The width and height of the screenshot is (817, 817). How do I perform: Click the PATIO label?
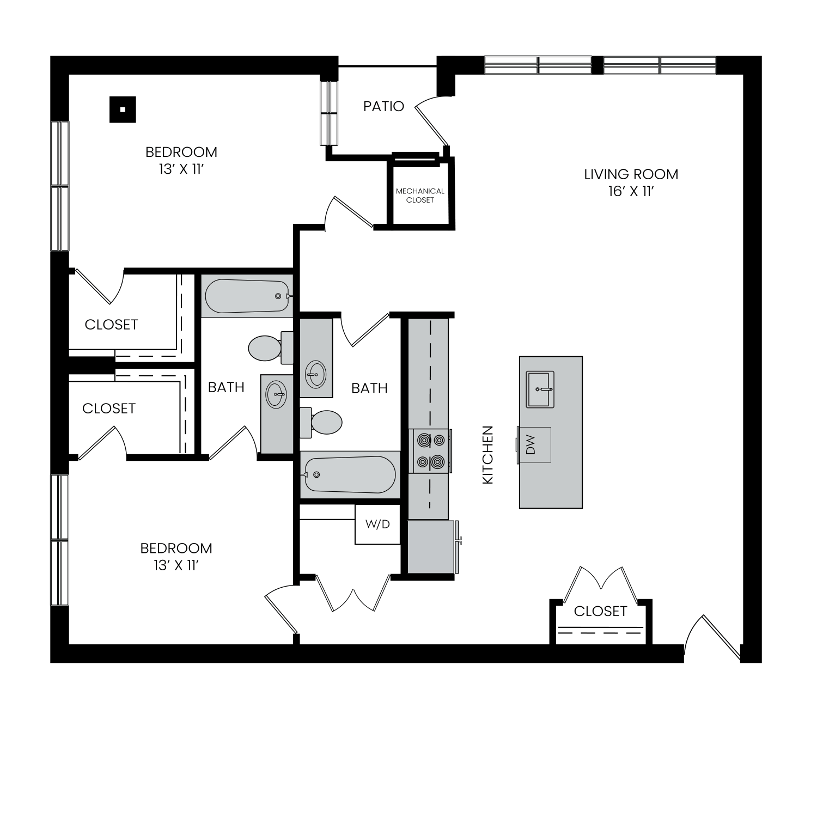coord(384,106)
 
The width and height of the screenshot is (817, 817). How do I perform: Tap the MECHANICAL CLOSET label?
coord(420,196)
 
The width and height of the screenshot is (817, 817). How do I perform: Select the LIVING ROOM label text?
coord(631,174)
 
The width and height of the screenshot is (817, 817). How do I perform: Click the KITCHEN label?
coord(488,455)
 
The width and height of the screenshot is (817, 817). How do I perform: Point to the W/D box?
coord(377,525)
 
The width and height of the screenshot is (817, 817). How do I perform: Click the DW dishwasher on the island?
coord(534,444)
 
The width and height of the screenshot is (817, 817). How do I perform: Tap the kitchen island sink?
coord(540,389)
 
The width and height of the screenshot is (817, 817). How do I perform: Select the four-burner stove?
coord(430,450)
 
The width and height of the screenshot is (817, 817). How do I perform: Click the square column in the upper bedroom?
coord(123,109)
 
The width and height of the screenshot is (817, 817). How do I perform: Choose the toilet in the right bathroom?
coord(321,422)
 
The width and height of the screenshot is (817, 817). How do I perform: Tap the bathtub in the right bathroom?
coord(350,474)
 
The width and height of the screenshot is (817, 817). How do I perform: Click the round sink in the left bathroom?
coord(277,393)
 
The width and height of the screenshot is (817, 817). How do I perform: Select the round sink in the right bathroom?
coord(315,374)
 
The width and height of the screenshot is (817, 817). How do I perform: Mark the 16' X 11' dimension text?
coord(631,192)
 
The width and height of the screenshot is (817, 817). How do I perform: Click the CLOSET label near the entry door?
coord(600,611)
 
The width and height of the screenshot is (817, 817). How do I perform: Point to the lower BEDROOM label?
coord(176,548)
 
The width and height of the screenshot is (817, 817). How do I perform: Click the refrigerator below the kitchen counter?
coord(431,547)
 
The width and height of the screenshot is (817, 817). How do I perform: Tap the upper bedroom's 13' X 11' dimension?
coord(181,169)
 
